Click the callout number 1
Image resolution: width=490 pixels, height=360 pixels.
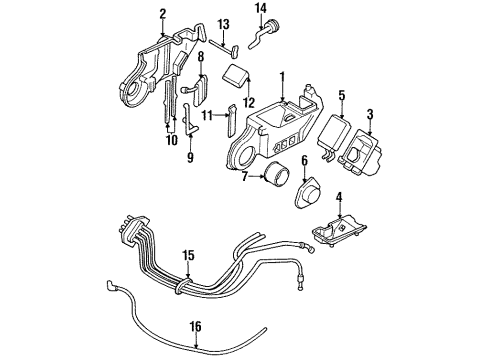pyautogui.click(x=282, y=75)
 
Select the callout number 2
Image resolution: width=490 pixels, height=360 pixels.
pyautogui.click(x=161, y=14)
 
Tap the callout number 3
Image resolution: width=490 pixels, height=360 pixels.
pyautogui.click(x=372, y=113)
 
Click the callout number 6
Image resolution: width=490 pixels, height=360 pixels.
pyautogui.click(x=304, y=161)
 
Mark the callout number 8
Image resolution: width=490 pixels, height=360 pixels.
pyautogui.click(x=200, y=56)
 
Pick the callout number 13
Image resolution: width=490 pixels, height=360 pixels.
pyautogui.click(x=224, y=23)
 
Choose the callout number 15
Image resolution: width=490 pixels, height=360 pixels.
pyautogui.click(x=186, y=255)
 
